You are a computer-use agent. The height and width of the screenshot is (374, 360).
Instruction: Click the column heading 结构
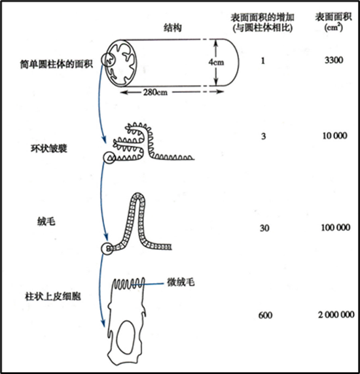click(172, 28)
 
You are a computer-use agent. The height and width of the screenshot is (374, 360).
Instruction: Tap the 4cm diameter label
click(216, 62)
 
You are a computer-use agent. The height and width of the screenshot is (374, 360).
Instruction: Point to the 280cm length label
click(155, 92)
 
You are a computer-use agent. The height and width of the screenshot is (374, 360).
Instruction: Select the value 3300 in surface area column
click(334, 60)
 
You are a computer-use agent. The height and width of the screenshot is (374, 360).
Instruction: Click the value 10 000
click(334, 136)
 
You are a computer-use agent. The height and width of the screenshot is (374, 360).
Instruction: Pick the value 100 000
click(336, 228)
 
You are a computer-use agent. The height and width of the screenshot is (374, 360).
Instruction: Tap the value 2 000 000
click(336, 315)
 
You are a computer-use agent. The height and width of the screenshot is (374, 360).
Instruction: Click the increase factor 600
click(265, 316)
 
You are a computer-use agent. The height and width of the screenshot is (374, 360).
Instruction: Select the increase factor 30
click(264, 228)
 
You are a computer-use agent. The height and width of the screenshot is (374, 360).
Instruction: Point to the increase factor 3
click(263, 137)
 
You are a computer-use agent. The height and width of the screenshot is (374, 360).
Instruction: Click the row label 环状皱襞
click(48, 148)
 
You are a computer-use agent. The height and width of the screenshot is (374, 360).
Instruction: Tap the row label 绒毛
click(46, 222)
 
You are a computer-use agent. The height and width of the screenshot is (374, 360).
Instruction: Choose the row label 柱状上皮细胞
click(53, 296)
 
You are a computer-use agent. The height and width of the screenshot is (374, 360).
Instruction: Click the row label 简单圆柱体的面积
click(56, 64)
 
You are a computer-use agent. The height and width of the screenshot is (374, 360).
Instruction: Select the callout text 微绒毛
click(181, 282)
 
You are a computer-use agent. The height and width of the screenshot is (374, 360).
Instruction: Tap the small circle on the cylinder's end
click(101, 59)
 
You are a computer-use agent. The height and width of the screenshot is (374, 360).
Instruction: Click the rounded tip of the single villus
click(137, 193)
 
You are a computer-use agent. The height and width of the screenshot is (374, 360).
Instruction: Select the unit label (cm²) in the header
click(334, 27)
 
